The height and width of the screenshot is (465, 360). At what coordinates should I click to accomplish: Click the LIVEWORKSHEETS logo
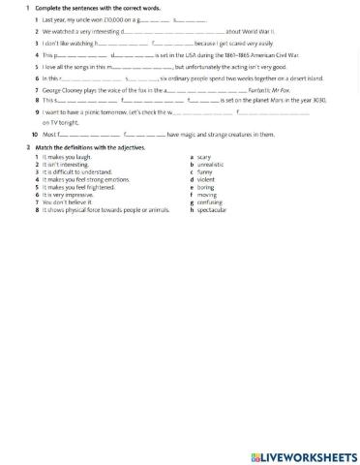pyautogui.click(x=304, y=455)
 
